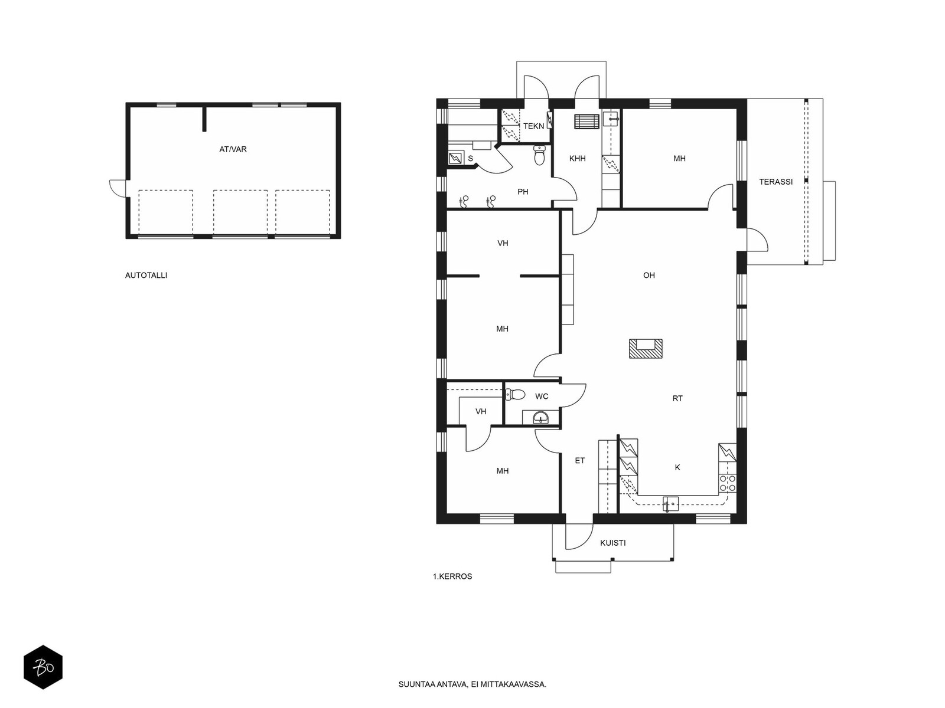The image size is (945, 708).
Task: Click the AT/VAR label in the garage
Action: tap(233, 149)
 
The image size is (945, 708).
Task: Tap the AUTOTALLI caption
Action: tap(146, 275)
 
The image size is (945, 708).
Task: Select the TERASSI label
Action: tap(775, 181)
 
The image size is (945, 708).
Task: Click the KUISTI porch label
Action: tap(612, 543)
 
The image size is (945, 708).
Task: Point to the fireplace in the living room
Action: tap(646, 348)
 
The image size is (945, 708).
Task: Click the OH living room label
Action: tap(649, 275)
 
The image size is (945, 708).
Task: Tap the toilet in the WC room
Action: tap(515, 394)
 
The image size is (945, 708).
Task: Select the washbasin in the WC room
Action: tap(540, 417)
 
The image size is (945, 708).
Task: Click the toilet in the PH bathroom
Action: tap(539, 155)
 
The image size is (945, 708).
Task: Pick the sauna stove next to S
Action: tap(456, 158)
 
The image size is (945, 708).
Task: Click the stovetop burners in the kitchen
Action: tap(727, 484)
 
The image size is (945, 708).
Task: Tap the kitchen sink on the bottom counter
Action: tap(670, 504)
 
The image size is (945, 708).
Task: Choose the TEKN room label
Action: tap(533, 126)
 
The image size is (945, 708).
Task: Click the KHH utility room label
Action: tap(577, 158)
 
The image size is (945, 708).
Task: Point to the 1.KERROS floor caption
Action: tap(452, 576)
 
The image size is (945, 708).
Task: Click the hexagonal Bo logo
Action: tap(43, 667)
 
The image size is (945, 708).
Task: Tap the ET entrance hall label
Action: tap(580, 460)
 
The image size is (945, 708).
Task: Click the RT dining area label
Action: tap(677, 398)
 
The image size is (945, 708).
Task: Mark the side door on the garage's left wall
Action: tap(118, 188)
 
